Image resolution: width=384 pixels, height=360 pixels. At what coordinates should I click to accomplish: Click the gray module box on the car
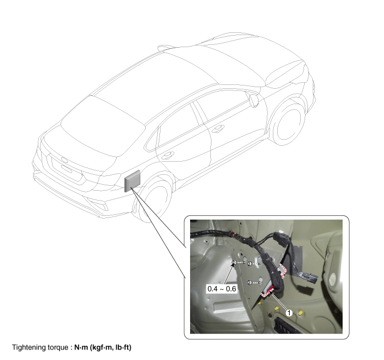tap(133, 181)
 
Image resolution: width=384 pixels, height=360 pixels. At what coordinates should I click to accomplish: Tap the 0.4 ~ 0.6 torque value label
tap(222, 289)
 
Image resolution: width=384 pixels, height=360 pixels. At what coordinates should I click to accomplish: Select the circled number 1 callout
tap(289, 313)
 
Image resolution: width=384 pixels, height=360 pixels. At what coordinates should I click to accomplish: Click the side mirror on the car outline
tap(254, 100)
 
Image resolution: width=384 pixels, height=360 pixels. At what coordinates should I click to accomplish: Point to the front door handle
tap(217, 128)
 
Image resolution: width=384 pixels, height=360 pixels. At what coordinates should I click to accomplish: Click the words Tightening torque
tap(40, 347)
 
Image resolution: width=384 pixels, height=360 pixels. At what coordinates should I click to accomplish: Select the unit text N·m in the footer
tap(81, 347)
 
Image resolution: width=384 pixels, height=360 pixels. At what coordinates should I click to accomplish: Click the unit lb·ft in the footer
tap(123, 347)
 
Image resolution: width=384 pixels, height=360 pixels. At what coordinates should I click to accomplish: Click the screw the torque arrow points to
tap(234, 262)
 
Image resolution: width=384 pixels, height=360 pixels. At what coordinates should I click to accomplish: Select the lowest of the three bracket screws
tap(250, 282)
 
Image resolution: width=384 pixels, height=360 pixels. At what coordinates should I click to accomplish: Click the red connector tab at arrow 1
tap(271, 290)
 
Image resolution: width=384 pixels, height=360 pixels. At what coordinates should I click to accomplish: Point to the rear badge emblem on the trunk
tap(64, 160)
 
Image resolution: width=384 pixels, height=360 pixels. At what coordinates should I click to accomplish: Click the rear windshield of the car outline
tap(103, 127)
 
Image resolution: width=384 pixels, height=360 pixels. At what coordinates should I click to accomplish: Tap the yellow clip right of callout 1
tap(301, 313)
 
